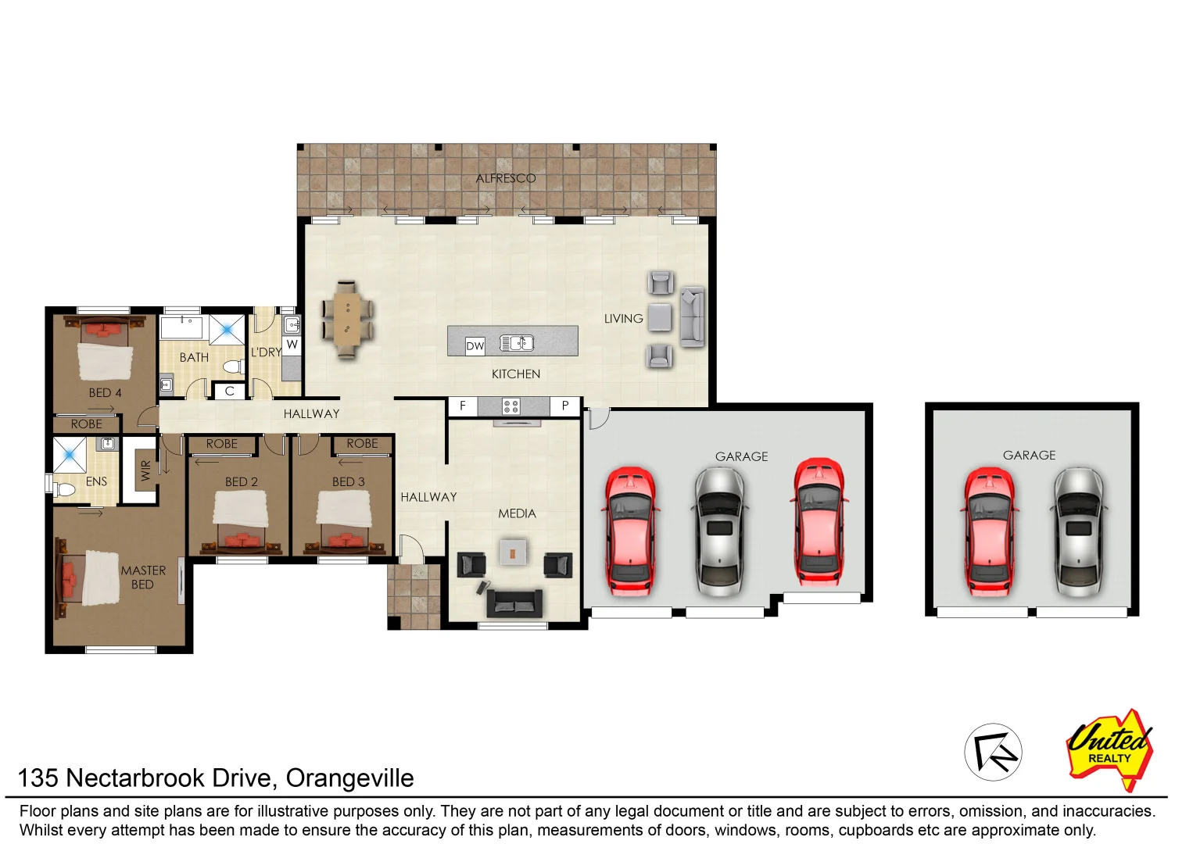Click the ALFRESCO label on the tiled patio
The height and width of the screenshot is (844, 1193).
coord(506,178)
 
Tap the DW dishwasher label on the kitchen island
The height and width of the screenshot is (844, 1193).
coord(475,345)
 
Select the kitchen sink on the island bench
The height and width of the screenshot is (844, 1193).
coord(517,342)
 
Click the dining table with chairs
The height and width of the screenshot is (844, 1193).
coord(347,319)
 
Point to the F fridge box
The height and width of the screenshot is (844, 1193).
coord(463,406)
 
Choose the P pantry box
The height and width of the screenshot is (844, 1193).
coord(564,406)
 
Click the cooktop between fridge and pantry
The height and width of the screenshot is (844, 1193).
coord(511,406)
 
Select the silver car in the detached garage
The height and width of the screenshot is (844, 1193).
coord(1079,531)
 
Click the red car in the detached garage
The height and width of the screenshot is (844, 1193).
coord(989,531)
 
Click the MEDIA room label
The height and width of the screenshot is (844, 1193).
coord(517,513)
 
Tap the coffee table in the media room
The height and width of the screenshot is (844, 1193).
coord(512,553)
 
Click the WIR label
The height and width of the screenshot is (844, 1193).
coord(145,470)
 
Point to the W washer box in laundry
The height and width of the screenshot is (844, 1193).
coord(292,344)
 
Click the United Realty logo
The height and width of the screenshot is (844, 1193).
coord(1110,749)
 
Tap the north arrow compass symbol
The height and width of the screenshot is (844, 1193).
coord(993,752)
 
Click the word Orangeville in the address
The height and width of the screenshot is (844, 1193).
coord(349,778)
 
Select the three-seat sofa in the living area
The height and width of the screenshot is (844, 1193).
coord(692,316)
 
